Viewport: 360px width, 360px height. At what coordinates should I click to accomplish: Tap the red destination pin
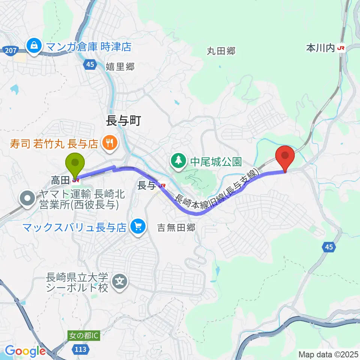285,156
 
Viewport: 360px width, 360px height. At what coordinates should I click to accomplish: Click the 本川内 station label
320,48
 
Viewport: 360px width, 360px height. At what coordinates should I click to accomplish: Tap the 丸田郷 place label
221,51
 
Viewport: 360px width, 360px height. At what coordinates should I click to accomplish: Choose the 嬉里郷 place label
120,67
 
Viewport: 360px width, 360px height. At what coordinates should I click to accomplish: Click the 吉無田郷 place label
176,228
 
